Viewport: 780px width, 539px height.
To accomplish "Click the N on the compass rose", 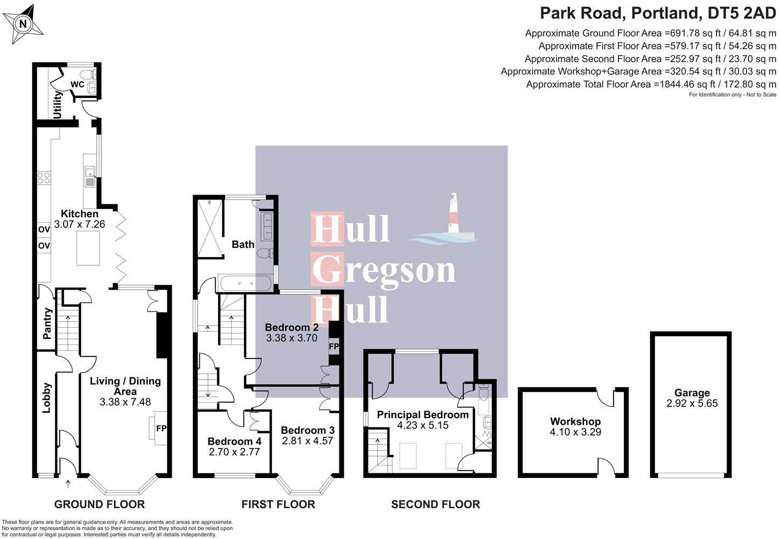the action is [x=23, y=24].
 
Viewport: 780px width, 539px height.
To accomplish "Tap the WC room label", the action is [x=78, y=84].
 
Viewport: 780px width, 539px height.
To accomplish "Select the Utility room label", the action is [x=57, y=105].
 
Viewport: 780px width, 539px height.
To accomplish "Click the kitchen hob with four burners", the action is [x=44, y=177].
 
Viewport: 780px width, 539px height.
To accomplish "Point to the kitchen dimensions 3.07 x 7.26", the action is [x=79, y=224].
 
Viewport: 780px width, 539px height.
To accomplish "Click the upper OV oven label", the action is [x=44, y=229].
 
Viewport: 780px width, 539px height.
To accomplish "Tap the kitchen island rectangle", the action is [x=88, y=248].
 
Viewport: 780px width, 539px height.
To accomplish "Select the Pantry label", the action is [x=47, y=323].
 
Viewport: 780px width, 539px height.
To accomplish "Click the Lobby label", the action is [x=47, y=398].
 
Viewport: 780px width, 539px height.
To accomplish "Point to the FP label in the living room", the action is [x=161, y=428].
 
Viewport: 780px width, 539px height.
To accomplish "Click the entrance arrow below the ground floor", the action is [x=68, y=484].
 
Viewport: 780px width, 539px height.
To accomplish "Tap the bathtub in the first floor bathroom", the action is [x=245, y=284].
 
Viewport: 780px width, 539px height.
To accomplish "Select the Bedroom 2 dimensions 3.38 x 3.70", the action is [x=292, y=337].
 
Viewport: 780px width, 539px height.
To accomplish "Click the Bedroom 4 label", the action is [x=234, y=441].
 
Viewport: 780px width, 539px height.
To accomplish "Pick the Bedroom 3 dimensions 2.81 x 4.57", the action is [x=308, y=441].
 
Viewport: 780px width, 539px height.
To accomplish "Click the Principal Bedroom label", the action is [x=423, y=414].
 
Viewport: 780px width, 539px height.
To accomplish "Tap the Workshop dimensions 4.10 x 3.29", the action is [x=575, y=432].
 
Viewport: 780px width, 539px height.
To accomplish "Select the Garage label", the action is [x=692, y=393].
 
